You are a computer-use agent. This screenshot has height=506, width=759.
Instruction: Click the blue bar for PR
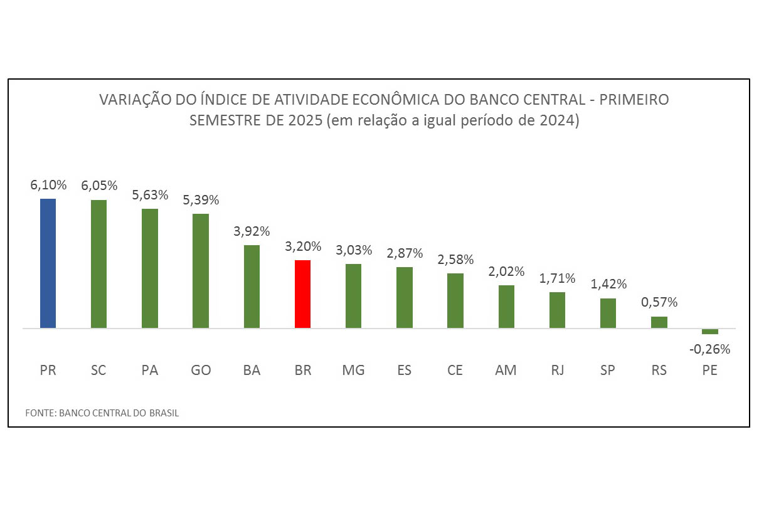coord(48,263)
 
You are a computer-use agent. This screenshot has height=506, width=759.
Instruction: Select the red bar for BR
coord(302,293)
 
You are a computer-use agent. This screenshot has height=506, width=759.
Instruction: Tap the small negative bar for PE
coord(709,331)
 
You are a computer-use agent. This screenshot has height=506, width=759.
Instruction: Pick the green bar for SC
coord(98,264)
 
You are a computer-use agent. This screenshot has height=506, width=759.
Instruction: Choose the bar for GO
coord(201,271)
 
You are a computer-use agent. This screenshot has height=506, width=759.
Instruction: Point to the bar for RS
coord(659,322)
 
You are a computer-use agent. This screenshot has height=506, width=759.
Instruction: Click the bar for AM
coord(506,307)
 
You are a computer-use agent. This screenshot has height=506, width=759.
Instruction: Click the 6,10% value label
coord(48,185)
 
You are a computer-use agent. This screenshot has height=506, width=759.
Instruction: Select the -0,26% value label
coord(710,349)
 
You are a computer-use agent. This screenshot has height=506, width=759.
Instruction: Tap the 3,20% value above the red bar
coord(303,246)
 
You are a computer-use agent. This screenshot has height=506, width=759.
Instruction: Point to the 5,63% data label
coord(150,195)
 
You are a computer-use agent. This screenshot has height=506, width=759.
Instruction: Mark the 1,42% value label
coord(608,284)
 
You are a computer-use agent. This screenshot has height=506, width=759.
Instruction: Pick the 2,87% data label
coord(405,253)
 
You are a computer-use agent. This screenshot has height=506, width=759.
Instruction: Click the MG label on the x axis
coord(354,371)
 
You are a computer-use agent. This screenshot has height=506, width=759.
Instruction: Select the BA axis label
coord(252,371)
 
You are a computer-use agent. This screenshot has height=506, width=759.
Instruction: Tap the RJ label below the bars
coord(557,371)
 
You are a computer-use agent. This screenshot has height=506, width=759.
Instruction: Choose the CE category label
coord(455,371)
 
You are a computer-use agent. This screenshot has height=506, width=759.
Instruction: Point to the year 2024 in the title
coord(558,120)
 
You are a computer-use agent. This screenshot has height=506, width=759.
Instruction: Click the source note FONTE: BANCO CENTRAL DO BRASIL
coord(102,413)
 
